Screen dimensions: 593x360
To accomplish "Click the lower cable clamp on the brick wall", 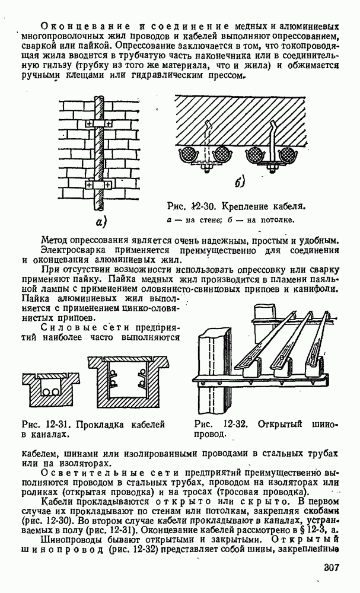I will [x=97, y=185].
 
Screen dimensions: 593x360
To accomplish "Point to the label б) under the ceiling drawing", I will [x=239, y=182].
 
